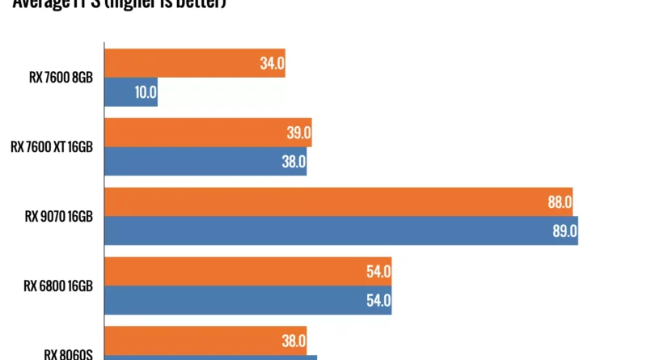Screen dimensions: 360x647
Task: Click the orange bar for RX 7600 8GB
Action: [x=194, y=63]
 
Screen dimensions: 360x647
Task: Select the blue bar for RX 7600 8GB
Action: [x=131, y=92]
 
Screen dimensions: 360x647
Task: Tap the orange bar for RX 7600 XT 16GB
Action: [x=208, y=133]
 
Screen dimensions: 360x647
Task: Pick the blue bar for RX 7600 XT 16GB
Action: [x=205, y=162]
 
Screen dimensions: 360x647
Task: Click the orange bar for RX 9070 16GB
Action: [x=339, y=202]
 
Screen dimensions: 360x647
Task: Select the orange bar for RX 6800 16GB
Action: [x=247, y=272]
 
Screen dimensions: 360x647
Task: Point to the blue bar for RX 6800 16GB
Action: [x=247, y=300]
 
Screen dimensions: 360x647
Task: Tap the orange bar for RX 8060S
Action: [x=205, y=341]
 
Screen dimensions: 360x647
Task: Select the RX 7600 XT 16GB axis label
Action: [x=52, y=147]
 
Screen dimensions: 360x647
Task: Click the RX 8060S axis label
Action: [x=69, y=354]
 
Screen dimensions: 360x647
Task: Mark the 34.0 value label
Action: [x=272, y=63]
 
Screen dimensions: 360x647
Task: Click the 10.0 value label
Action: [x=146, y=92]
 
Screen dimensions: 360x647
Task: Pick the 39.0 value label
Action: [x=298, y=133]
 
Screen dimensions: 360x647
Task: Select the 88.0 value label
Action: [x=560, y=202]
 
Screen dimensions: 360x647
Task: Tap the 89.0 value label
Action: [x=565, y=231]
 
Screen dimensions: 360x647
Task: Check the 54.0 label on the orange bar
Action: [x=378, y=272]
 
